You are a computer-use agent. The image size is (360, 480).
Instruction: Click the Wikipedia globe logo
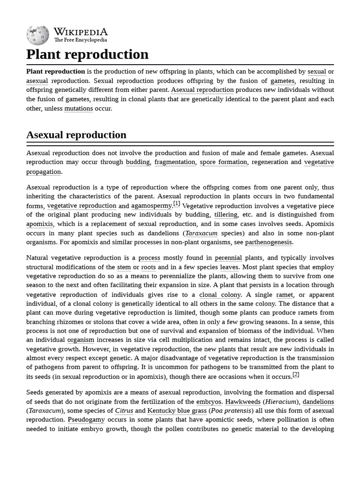[37, 35]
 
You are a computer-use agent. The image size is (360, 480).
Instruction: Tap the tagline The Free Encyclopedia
[80, 40]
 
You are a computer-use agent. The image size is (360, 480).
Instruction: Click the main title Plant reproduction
[87, 54]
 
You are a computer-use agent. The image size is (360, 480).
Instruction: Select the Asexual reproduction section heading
[76, 135]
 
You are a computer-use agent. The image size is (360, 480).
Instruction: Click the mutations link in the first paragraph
[78, 108]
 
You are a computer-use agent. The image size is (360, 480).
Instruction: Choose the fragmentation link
[174, 162]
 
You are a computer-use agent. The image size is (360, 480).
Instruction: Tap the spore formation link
[223, 162]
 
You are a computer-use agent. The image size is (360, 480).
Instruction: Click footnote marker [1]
[177, 203]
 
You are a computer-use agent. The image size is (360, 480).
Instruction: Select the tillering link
[225, 215]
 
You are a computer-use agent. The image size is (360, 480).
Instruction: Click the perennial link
[228, 258]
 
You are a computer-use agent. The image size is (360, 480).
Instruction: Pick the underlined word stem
[124, 267]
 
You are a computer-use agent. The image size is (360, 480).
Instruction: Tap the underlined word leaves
[229, 267]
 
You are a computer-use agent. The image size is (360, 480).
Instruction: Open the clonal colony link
[220, 295]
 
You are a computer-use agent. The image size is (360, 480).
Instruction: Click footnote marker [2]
[296, 374]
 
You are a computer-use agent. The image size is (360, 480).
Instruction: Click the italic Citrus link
[124, 411]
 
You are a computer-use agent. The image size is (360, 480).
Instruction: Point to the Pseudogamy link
[86, 420]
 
